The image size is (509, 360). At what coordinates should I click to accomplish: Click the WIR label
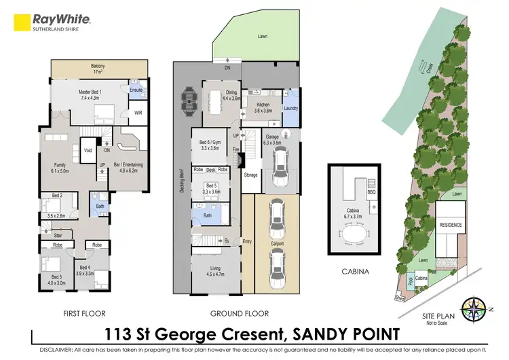pos(138,112)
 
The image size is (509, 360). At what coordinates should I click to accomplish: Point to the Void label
pos(88,150)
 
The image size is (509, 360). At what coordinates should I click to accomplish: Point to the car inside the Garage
pos(279,170)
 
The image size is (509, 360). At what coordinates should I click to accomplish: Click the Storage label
pos(250,175)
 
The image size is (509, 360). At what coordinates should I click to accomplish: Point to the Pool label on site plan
pos(410,280)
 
